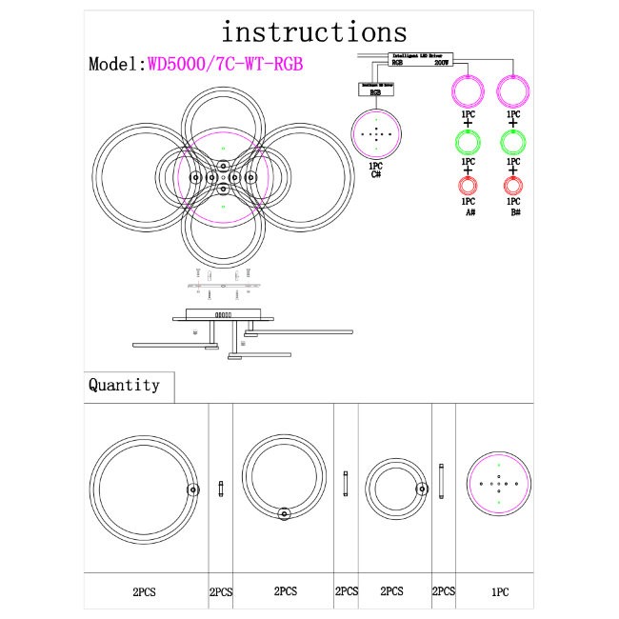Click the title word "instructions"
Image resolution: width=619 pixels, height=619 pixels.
(x=313, y=31)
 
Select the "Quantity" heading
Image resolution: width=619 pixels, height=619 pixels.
(x=124, y=386)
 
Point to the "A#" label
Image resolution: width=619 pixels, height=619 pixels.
(x=469, y=213)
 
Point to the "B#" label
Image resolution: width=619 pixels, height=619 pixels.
(x=514, y=213)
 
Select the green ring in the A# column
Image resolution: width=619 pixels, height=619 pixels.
(x=468, y=143)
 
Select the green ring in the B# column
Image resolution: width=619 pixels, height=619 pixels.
(x=514, y=143)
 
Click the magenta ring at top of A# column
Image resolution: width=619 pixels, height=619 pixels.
(x=468, y=92)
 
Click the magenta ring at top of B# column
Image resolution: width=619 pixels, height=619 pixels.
(x=514, y=92)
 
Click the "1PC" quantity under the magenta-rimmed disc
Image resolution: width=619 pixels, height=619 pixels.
(x=499, y=591)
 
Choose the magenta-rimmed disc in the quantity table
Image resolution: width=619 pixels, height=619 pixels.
(x=497, y=484)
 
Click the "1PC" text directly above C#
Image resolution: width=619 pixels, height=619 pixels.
(x=376, y=166)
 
